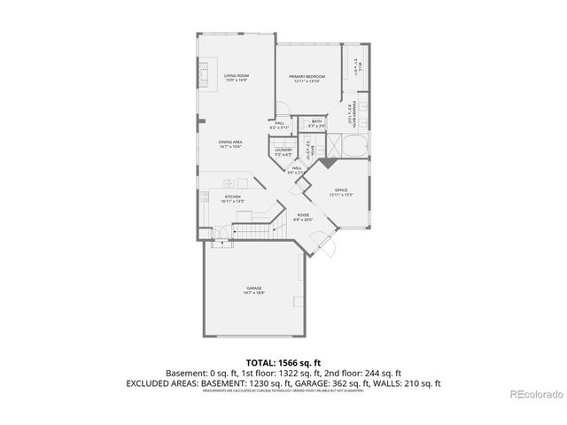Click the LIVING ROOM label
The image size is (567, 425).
pos(235,75)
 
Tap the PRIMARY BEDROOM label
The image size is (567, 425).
pos(307,77)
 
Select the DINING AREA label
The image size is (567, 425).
pos(231,142)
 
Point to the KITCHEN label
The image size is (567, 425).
pos(232,197)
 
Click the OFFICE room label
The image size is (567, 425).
pos(341,189)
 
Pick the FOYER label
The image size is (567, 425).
pos(303,215)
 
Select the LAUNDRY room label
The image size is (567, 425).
pos(283,151)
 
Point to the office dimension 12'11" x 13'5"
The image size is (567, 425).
pos(341,194)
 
